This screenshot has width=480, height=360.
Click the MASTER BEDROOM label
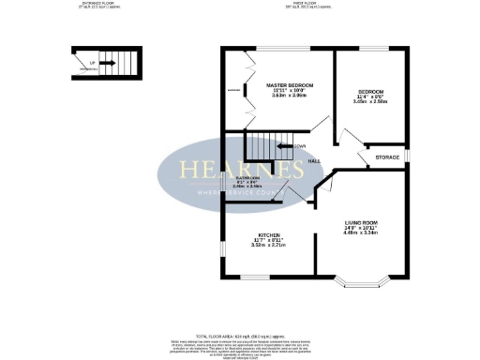288,84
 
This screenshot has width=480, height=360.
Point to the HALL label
316,161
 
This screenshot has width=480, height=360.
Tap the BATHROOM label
247,177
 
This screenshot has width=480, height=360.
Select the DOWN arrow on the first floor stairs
285,147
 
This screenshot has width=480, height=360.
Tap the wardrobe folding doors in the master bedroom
251,90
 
